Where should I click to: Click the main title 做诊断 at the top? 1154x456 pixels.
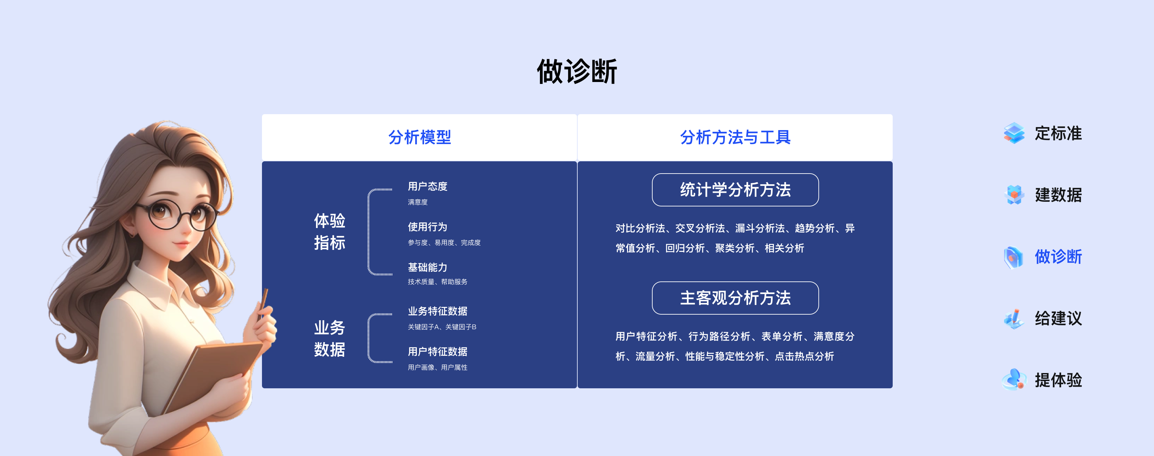[x=577, y=72]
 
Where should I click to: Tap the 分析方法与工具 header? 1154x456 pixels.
[x=735, y=137]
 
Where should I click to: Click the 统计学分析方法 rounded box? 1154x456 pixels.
[x=735, y=190]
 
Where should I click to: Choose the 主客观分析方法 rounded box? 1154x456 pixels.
[x=735, y=298]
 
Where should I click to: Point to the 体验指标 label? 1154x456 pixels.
[x=329, y=231]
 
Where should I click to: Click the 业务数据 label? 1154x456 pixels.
[x=329, y=338]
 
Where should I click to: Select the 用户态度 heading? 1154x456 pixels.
[x=427, y=186]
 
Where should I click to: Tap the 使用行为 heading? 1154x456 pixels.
[x=427, y=227]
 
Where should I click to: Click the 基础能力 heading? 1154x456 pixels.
[x=427, y=267]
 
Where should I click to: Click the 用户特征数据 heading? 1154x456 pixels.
[x=437, y=351]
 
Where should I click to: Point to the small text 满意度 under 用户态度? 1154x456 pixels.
[x=417, y=202]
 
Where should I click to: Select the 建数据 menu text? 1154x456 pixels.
[x=1058, y=195]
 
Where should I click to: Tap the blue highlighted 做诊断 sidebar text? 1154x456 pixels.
[x=1058, y=257]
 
